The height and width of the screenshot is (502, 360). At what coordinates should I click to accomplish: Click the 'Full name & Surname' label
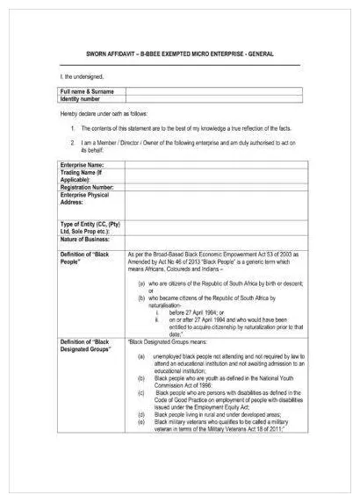(88, 91)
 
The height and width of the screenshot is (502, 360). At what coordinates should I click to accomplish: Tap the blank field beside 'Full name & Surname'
(211, 91)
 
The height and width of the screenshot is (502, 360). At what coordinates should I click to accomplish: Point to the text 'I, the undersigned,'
(82, 77)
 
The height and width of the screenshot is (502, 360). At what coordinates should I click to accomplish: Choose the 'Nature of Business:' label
(86, 239)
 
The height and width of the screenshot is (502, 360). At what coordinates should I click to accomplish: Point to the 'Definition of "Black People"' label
(87, 257)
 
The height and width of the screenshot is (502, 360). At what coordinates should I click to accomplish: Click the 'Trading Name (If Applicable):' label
(83, 176)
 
